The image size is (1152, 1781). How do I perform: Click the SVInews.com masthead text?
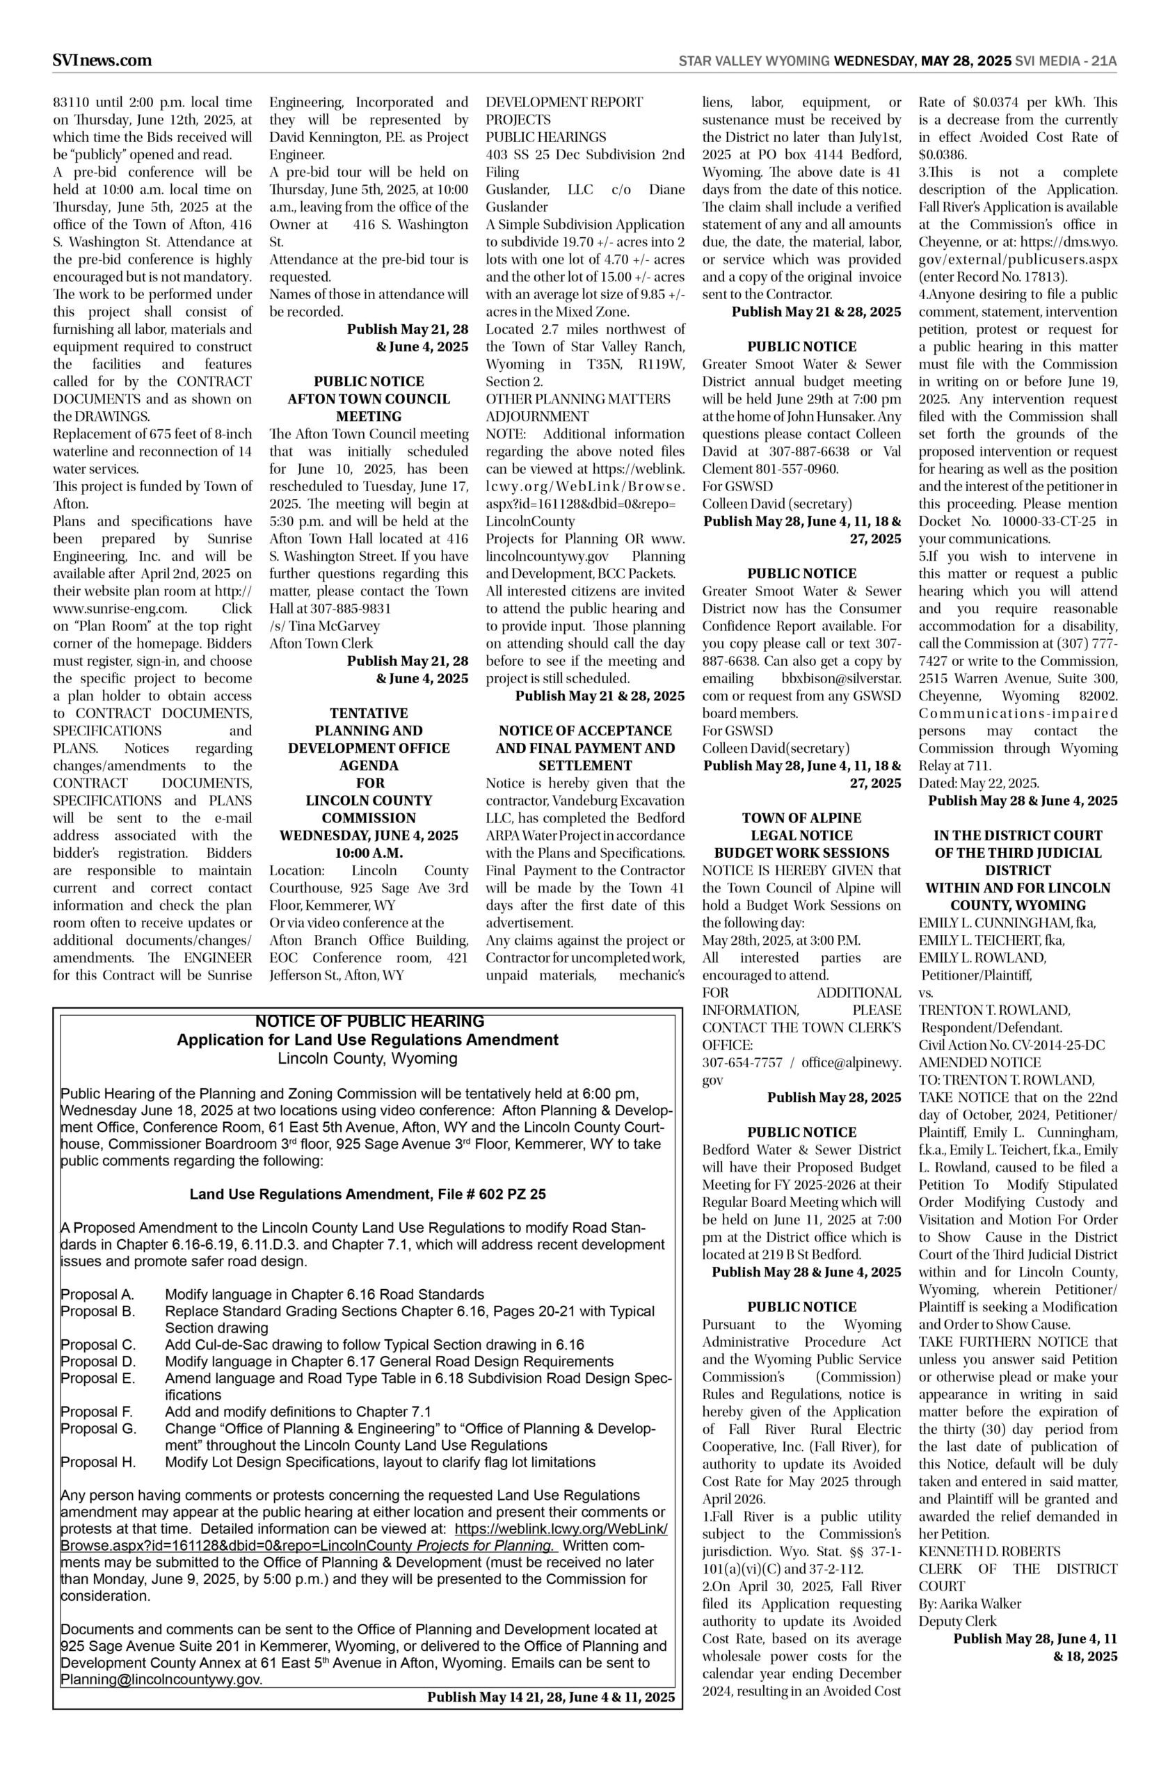pos(102,61)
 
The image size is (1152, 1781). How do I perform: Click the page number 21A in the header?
pos(1103,61)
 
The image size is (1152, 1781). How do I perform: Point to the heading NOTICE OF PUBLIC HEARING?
pos(369,1021)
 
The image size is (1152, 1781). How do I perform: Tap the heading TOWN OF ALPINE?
pos(801,817)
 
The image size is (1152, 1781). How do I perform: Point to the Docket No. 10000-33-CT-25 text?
pos(1017,521)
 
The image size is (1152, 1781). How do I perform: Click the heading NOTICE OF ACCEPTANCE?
pos(585,730)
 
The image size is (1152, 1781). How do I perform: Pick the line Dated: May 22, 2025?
pos(979,783)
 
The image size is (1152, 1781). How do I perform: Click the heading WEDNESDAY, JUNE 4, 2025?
pos(369,836)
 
